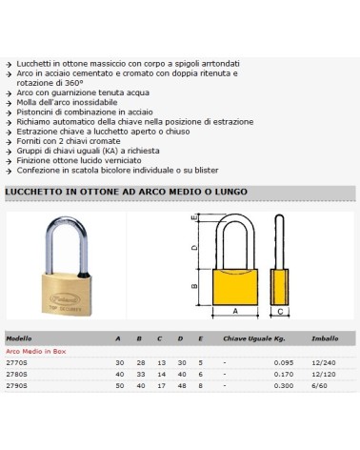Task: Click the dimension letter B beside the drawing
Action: [x=194, y=284]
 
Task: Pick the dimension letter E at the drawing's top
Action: [x=193, y=218]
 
